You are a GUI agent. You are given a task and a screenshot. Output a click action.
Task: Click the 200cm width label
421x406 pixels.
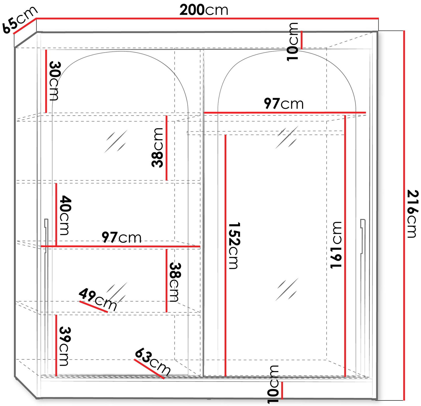204,10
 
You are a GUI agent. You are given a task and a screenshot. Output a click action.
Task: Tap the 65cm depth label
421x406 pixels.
19,19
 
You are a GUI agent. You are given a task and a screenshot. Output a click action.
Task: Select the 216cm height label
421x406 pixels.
412,214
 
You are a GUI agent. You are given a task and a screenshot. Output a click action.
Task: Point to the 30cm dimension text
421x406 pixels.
55,81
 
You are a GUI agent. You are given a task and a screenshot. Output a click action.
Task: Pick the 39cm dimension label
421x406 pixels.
65,346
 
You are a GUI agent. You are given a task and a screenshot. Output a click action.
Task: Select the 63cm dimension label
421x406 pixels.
153,361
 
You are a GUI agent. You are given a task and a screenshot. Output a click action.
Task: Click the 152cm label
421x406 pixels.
234,246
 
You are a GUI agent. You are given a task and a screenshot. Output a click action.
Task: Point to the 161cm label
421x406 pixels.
336,245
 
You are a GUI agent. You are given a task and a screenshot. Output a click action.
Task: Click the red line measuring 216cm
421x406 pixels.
404,216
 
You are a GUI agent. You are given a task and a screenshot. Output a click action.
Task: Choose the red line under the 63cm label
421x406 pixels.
149,369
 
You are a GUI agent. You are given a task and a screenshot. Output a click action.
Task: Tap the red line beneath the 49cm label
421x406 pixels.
94,307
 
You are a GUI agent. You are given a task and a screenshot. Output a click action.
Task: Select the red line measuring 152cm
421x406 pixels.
225,255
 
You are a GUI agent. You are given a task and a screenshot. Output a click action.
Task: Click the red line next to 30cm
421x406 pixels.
46,81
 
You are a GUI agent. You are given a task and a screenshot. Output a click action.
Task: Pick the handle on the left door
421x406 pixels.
46,236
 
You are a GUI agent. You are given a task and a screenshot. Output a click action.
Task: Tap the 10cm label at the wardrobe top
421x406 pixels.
292,42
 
